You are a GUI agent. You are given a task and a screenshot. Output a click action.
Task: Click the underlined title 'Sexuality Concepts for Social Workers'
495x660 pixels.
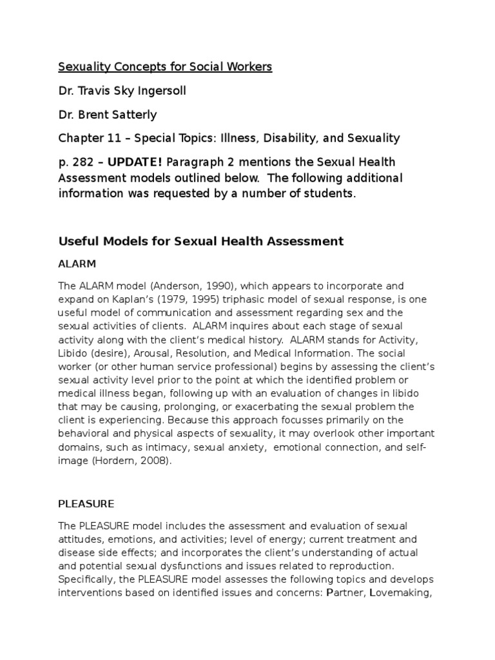pyautogui.click(x=166, y=68)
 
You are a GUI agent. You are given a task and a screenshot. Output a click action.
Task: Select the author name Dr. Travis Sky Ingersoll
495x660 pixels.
pyautogui.click(x=122, y=91)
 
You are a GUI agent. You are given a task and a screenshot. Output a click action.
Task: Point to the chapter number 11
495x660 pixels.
pyautogui.click(x=104, y=138)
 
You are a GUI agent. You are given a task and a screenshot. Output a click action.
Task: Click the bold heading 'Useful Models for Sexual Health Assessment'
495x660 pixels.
pyautogui.click(x=201, y=241)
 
